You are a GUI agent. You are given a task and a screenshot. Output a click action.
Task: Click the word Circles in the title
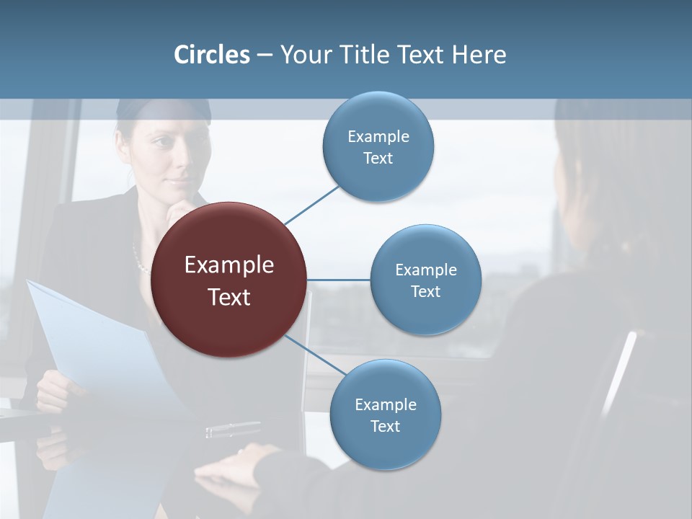pyautogui.click(x=211, y=55)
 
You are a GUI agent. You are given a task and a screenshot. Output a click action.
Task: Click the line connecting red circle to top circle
pyautogui.click(x=311, y=205)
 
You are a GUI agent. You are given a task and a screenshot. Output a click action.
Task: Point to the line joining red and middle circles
pyautogui.click(x=339, y=280)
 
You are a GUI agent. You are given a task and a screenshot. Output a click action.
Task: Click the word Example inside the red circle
pyautogui.click(x=229, y=265)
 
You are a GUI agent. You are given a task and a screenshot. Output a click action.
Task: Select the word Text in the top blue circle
pyautogui.click(x=378, y=159)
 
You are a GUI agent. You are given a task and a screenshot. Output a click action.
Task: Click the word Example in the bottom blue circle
pyautogui.click(x=385, y=404)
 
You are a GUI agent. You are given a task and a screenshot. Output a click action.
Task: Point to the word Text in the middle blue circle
pyautogui.click(x=425, y=292)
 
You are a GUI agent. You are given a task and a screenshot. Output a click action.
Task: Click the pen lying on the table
pyautogui.click(x=232, y=430)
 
